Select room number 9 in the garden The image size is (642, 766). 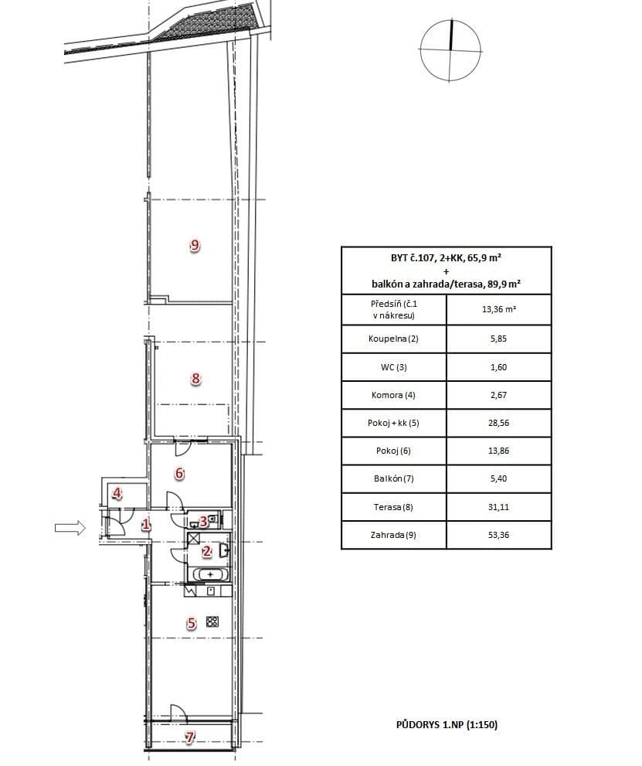click(x=195, y=246)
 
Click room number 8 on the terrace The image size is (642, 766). click(x=195, y=379)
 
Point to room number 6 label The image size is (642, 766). click(x=178, y=474)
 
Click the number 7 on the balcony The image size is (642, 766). click(x=190, y=737)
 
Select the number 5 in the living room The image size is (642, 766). click(x=192, y=623)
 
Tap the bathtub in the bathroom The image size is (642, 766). click(x=209, y=574)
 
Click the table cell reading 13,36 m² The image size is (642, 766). click(x=498, y=310)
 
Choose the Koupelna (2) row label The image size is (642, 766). click(x=393, y=339)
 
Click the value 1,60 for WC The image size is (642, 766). click(x=498, y=367)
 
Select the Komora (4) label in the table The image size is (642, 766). click(x=393, y=395)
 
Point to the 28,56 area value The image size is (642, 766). click(x=498, y=423)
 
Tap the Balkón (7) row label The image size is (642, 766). click(x=393, y=478)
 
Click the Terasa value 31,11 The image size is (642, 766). click(x=498, y=507)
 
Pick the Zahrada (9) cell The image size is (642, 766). click(x=393, y=535)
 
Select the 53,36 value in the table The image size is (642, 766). click(x=498, y=535)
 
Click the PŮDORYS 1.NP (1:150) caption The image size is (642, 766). click(x=450, y=725)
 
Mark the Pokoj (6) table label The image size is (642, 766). click(x=393, y=451)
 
